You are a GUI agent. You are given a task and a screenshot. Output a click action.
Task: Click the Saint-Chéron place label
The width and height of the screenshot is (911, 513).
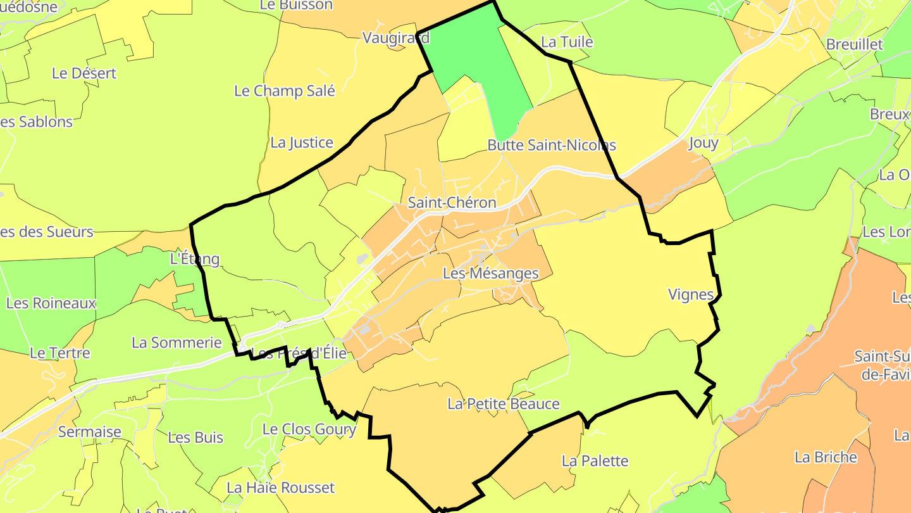click(x=452, y=203)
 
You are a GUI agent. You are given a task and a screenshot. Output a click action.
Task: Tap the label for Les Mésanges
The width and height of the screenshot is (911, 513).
click(x=490, y=274)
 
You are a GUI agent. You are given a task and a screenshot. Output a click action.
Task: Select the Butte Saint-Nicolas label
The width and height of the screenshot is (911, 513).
click(x=551, y=145)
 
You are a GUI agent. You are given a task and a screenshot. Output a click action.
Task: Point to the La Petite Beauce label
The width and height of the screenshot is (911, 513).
click(x=504, y=404)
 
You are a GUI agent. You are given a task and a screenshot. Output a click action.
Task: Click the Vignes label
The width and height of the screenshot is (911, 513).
click(x=691, y=294)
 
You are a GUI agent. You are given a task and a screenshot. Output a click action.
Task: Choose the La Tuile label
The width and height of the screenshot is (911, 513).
click(x=567, y=42)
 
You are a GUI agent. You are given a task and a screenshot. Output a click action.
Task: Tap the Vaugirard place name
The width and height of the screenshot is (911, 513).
click(x=395, y=38)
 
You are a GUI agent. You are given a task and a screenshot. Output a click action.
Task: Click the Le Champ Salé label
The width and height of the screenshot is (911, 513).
click(x=285, y=91)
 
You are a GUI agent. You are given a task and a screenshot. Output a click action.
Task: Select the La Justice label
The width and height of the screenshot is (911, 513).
click(x=302, y=142)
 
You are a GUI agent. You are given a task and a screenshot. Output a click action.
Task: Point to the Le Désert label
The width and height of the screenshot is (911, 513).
click(x=84, y=73)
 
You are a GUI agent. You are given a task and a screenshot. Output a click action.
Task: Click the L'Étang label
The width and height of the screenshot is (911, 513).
click(x=195, y=259)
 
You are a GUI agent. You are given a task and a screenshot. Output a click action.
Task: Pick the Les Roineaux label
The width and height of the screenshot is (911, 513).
click(x=51, y=303)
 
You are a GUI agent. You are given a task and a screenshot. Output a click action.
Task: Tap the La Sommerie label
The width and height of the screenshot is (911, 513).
click(x=177, y=343)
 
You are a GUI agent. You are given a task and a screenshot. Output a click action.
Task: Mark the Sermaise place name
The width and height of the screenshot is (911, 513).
click(x=89, y=432)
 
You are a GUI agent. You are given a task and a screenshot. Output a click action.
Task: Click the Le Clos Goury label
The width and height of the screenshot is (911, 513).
click(x=309, y=429)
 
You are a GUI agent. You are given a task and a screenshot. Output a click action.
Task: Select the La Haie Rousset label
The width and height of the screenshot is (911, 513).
click(x=280, y=488)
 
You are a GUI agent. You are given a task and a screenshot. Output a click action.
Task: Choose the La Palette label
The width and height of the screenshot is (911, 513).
click(x=595, y=461)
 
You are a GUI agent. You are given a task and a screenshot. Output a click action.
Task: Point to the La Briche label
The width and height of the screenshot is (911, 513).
click(x=826, y=457)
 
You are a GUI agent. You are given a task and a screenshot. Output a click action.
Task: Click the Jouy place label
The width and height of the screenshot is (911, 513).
click(x=703, y=142)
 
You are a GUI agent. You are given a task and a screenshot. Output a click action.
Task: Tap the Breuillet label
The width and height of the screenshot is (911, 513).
click(x=854, y=45)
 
